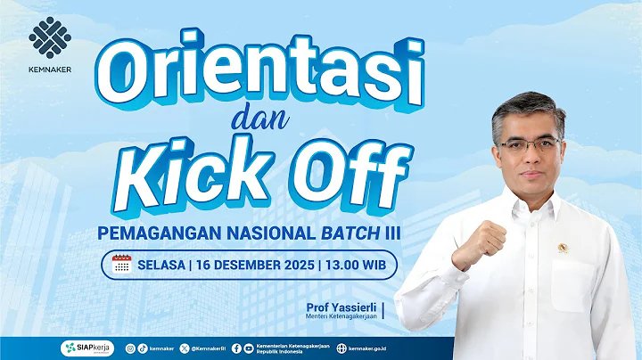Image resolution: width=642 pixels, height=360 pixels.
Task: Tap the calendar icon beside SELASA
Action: pos(122,263)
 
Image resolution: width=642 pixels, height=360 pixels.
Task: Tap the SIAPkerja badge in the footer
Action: pos(86,348)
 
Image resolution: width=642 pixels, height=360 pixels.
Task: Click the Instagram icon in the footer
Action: pos(130,348)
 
